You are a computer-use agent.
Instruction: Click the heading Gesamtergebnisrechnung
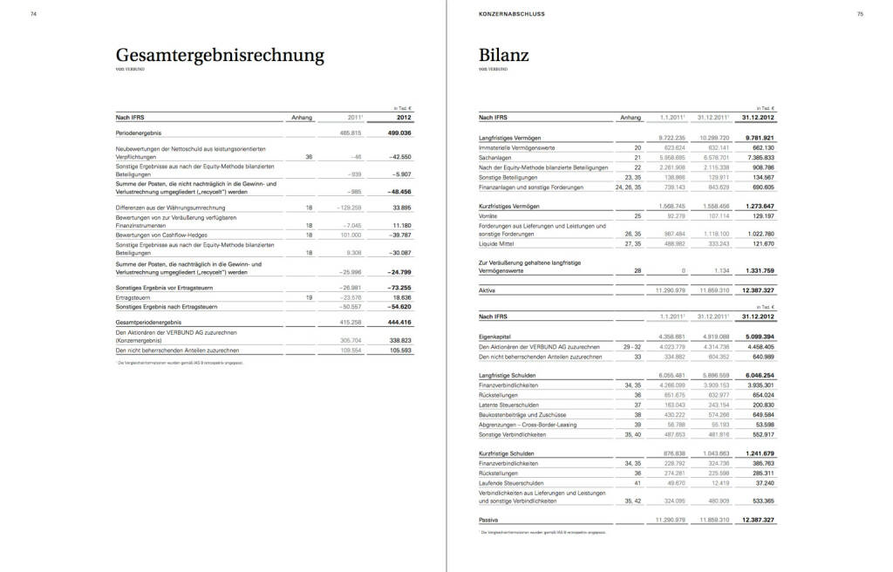(x=220, y=56)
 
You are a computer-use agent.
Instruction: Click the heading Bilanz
(x=504, y=56)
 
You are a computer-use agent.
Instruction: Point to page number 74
(x=33, y=14)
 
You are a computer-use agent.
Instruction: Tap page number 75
(x=860, y=14)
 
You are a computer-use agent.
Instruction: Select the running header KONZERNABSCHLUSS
(x=507, y=14)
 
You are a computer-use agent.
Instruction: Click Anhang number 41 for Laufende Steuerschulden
(x=637, y=482)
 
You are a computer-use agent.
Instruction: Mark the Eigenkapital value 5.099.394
(x=756, y=336)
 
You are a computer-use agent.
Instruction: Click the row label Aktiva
(x=487, y=289)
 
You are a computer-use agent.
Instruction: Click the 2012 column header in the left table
(x=403, y=116)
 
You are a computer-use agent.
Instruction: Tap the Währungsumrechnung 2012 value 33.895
(x=398, y=208)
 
